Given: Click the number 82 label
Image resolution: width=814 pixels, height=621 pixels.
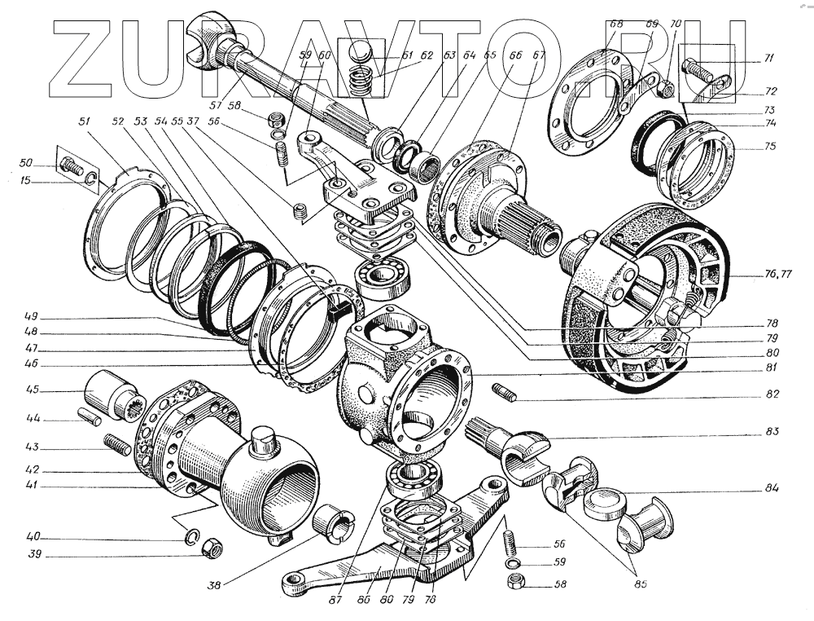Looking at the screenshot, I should pyautogui.click(x=772, y=394).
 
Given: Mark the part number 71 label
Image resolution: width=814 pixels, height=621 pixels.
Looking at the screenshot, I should pyautogui.click(x=770, y=59).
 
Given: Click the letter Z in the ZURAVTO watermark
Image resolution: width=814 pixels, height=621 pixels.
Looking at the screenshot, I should pyautogui.click(x=90, y=56).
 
